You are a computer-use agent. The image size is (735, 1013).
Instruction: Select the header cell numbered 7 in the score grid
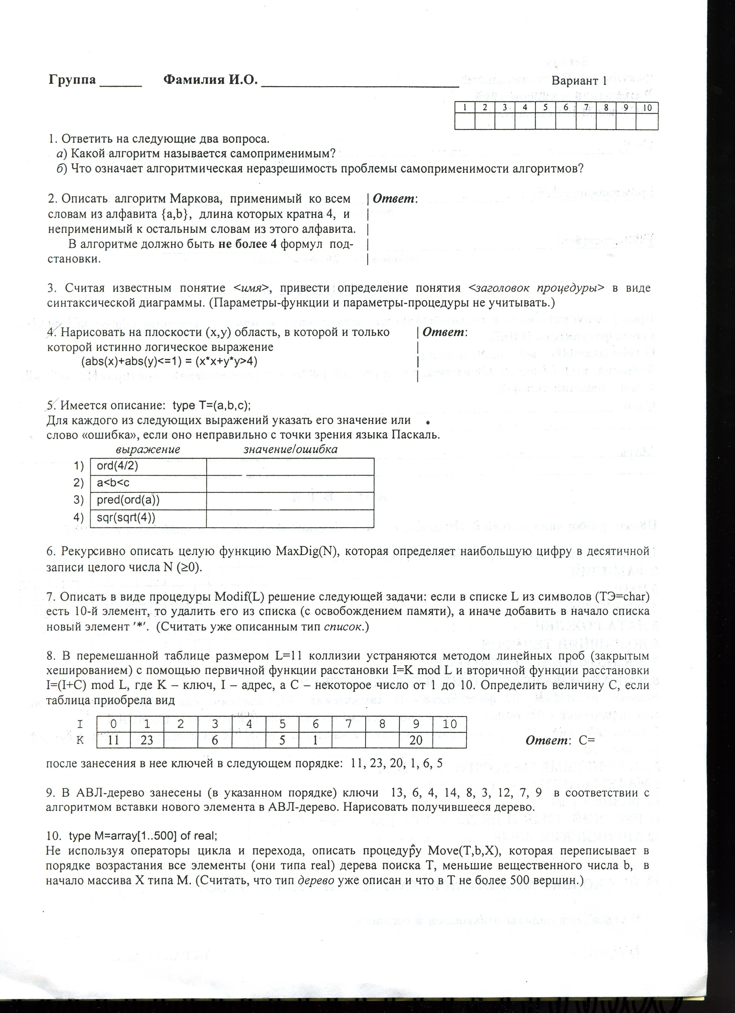point(586,107)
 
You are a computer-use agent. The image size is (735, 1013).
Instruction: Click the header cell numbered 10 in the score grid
point(647,107)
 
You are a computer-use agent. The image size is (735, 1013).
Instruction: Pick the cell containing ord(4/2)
point(148,466)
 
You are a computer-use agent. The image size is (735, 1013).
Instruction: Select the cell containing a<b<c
point(148,483)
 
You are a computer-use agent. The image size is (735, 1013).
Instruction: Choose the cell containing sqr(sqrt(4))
point(148,518)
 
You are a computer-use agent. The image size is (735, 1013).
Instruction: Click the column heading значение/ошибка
point(290,449)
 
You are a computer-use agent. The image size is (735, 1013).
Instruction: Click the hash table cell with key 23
point(147,740)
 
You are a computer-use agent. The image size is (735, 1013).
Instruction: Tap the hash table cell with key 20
point(416,740)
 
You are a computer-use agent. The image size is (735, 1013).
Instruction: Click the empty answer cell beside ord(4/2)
point(290,466)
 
